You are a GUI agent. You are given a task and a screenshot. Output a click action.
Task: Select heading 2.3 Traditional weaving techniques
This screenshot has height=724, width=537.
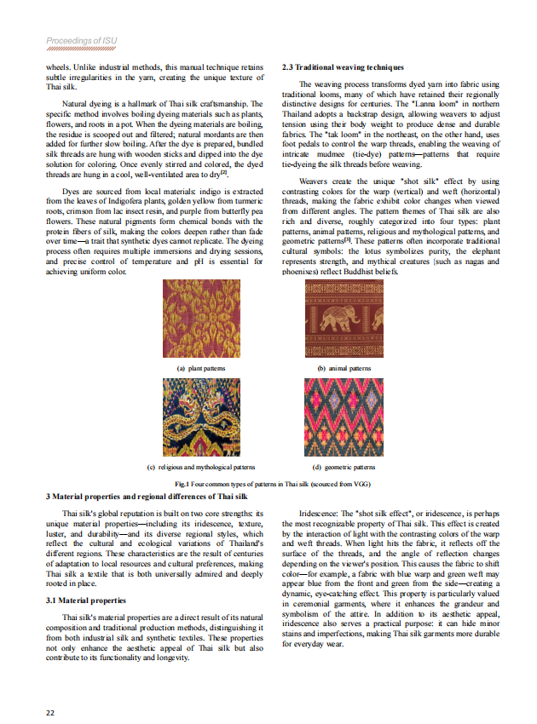pyautogui.click(x=343, y=66)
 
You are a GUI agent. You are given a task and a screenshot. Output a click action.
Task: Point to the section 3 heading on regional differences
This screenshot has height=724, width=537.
pyautogui.click(x=147, y=496)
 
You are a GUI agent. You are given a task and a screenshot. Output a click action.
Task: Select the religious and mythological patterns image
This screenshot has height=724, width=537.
pyautogui.click(x=201, y=417)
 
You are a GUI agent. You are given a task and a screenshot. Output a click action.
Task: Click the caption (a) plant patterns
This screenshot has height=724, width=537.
pyautogui.click(x=201, y=368)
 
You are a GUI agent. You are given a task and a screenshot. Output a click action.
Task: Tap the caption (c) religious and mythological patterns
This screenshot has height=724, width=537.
pyautogui.click(x=201, y=467)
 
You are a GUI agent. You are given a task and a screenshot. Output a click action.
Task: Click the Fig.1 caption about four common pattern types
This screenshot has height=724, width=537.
pyautogui.click(x=268, y=483)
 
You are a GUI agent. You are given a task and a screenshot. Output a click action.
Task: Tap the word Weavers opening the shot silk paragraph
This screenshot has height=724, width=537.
pyautogui.click(x=316, y=181)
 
